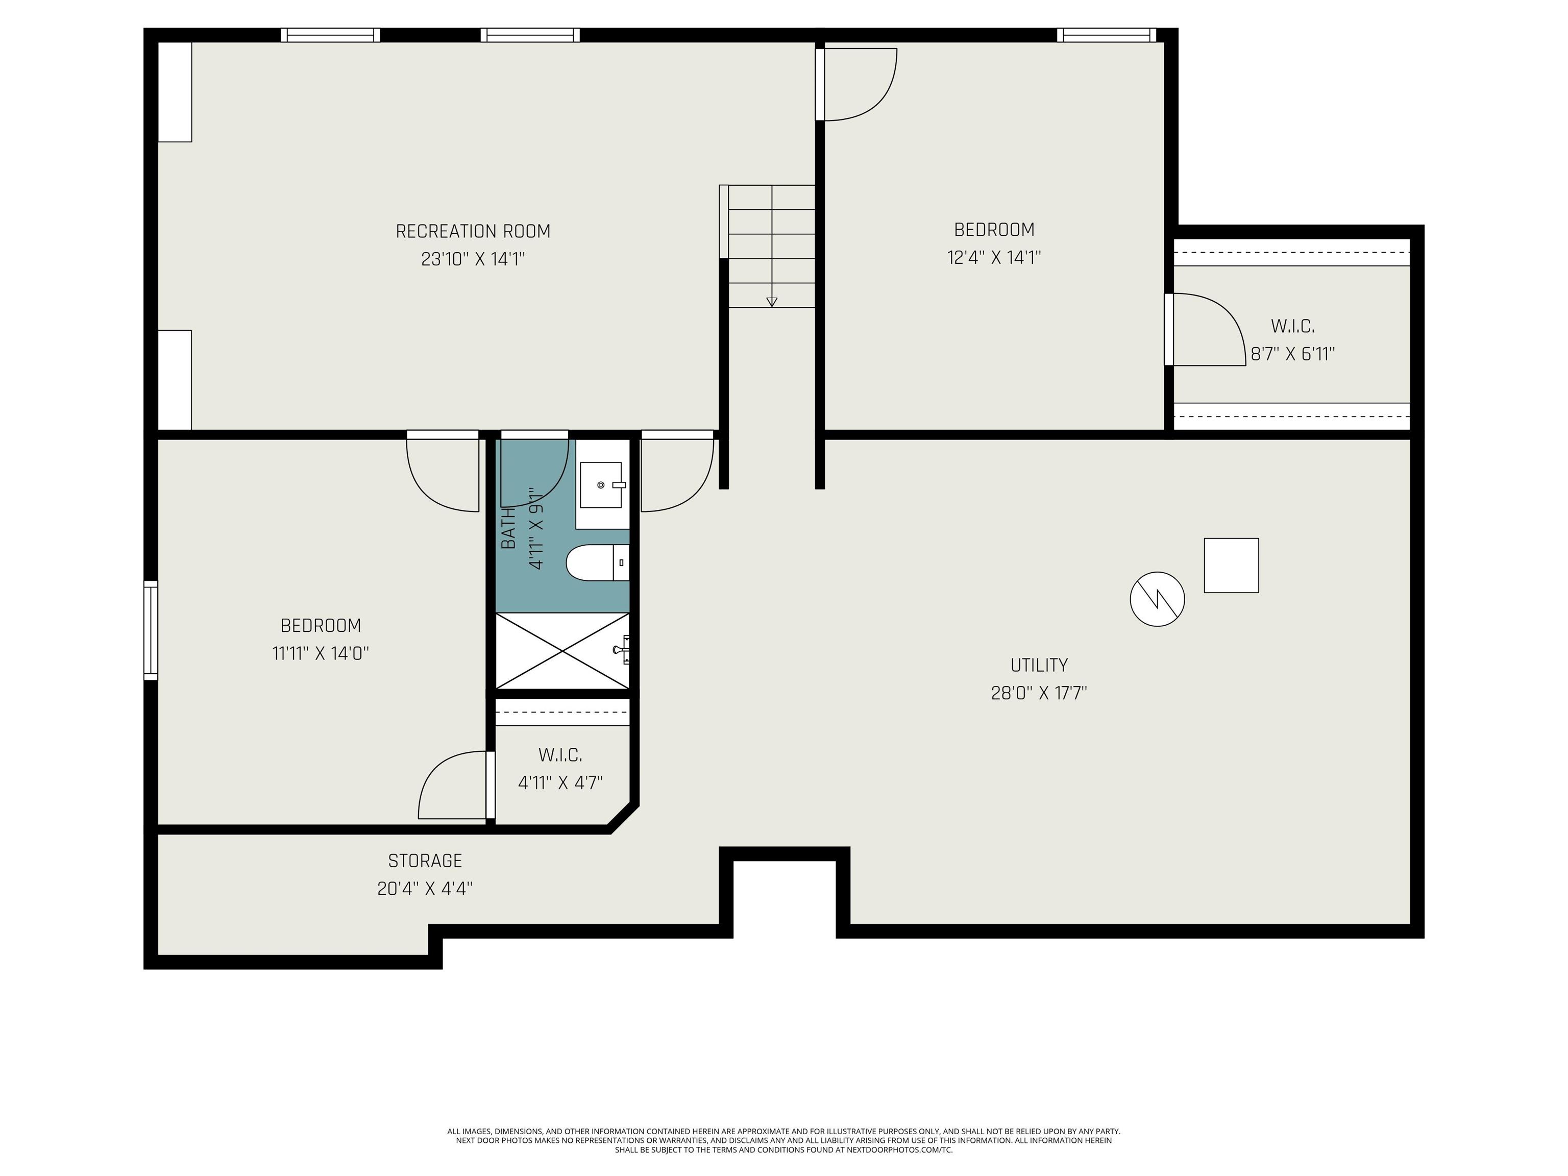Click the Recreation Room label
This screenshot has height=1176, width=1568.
click(473, 231)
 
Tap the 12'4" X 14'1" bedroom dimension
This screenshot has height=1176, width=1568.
click(994, 257)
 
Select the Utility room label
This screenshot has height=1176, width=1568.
click(1039, 665)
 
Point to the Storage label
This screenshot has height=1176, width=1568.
click(425, 861)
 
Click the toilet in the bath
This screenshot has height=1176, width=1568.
click(598, 563)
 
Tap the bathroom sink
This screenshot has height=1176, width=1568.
click(601, 485)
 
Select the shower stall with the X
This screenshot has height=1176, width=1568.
click(562, 650)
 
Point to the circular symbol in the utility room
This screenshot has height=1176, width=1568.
click(1157, 599)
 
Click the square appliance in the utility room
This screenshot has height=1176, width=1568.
click(1231, 565)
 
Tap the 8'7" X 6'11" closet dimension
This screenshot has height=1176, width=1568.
click(1292, 354)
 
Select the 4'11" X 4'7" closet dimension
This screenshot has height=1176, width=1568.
click(560, 782)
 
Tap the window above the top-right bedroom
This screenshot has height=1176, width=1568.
click(1107, 35)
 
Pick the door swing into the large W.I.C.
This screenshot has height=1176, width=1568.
click(1205, 330)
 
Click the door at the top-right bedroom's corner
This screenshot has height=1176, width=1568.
click(856, 84)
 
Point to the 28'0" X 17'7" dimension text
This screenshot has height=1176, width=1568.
click(1039, 693)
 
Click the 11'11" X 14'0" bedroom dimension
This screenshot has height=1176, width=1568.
click(321, 653)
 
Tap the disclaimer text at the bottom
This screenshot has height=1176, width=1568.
click(783, 1141)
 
